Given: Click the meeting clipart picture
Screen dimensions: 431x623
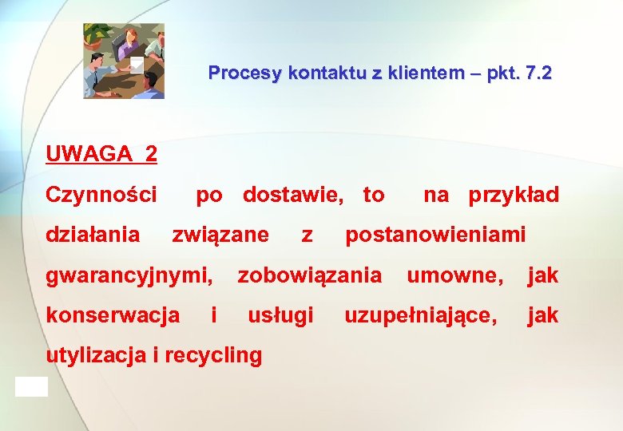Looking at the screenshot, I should point(124,61).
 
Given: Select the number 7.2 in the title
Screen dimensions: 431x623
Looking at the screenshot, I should point(534,73).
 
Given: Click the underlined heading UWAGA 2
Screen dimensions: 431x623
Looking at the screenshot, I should point(101,153).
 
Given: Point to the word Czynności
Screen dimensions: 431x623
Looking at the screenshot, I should point(101,195).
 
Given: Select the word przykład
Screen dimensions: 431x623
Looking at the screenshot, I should point(514,195).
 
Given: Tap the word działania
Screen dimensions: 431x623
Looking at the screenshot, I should point(93,235).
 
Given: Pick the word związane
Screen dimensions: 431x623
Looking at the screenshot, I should point(221,235).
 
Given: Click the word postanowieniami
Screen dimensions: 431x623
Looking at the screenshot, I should point(435,235).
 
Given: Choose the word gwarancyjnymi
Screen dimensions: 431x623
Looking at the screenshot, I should point(129,276).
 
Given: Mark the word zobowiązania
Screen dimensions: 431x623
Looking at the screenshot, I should point(309,276).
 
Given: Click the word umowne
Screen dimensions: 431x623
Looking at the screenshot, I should point(455,276).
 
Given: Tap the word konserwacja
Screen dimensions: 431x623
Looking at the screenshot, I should point(113,315).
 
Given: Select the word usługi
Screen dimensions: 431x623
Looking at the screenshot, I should point(280,315).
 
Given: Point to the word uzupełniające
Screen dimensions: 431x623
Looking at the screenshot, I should point(420,316).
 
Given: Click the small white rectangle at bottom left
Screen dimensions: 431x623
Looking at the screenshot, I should point(31,387).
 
